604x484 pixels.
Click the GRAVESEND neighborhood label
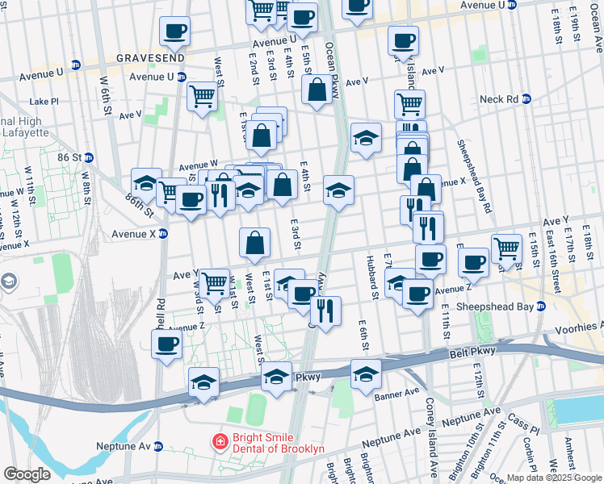click(x=150, y=58)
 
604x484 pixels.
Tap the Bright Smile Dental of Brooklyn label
click(x=278, y=443)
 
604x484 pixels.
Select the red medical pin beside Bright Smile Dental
click(x=219, y=442)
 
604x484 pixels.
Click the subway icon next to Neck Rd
click(x=526, y=99)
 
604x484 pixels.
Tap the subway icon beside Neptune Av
click(x=159, y=446)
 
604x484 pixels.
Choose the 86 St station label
click(x=69, y=157)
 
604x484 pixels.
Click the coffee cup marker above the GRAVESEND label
click(x=174, y=31)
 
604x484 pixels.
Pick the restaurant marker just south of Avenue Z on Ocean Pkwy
click(x=325, y=311)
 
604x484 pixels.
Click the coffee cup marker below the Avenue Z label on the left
click(x=166, y=344)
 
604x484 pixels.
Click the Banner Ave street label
click(x=396, y=394)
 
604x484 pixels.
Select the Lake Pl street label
click(x=44, y=102)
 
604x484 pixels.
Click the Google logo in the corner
click(x=27, y=474)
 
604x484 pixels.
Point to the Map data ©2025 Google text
click(x=553, y=478)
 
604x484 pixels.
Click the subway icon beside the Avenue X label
click(x=162, y=234)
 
